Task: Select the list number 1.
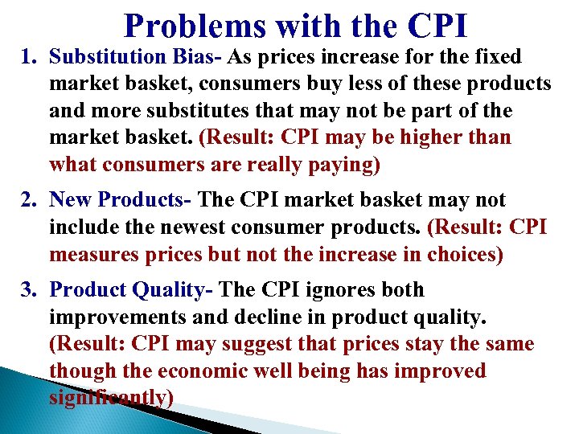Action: coord(27,58)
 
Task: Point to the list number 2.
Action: coord(27,199)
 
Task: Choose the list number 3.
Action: coord(27,290)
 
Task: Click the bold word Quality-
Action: coord(176,290)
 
